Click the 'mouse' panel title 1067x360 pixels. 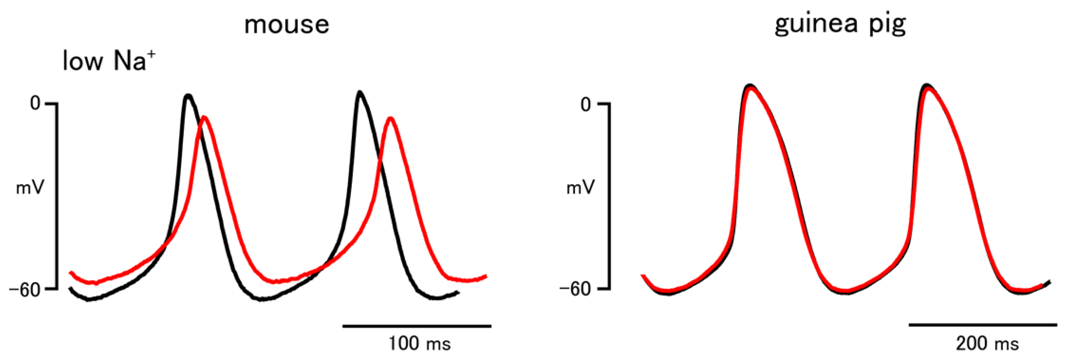[287, 25]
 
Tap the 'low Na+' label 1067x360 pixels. [109, 61]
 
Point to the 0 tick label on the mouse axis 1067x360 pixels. [35, 103]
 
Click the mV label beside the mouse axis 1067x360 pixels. [30, 188]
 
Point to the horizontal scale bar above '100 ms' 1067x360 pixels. [417, 326]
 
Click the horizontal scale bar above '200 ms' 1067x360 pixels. [983, 325]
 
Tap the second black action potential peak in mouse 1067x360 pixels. [359, 92]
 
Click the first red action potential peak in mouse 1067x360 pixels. [204, 118]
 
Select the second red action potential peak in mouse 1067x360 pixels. [390, 119]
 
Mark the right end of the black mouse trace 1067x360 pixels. [458, 292]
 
